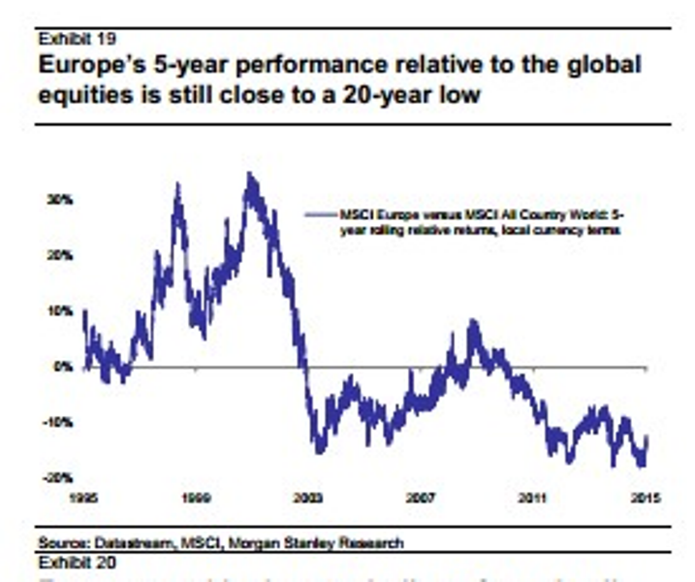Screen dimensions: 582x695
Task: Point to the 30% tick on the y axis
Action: click(61, 199)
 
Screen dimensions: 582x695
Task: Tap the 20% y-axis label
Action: click(61, 255)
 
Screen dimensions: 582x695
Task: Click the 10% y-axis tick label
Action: click(61, 310)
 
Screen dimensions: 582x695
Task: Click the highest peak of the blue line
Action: click(250, 175)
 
